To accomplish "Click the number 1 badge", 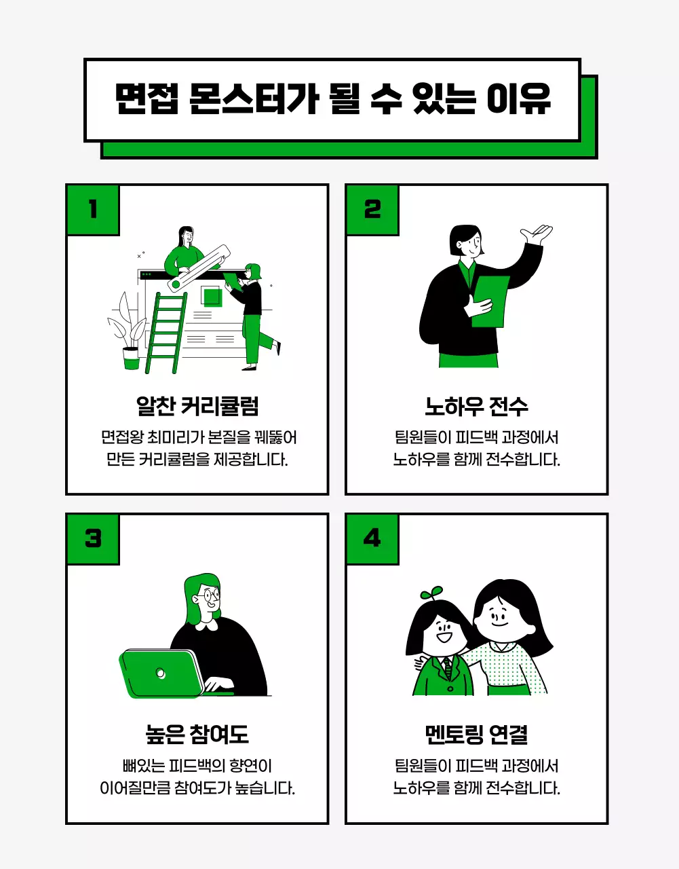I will tap(93, 210).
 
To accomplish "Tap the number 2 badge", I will tap(372, 210).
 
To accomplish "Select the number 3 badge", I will tap(93, 539).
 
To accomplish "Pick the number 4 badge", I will tap(372, 539).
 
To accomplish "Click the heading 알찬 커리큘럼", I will tap(197, 406).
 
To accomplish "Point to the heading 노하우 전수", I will tap(476, 406).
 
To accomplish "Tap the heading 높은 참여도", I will tap(197, 735).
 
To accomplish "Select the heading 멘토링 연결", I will tap(476, 735).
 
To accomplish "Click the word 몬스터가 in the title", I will tap(254, 100).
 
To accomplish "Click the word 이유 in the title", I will tap(519, 100).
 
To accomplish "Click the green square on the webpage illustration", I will tap(212, 297).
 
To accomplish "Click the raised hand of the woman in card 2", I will tap(537, 236).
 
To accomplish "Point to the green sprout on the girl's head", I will tap(431, 593).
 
